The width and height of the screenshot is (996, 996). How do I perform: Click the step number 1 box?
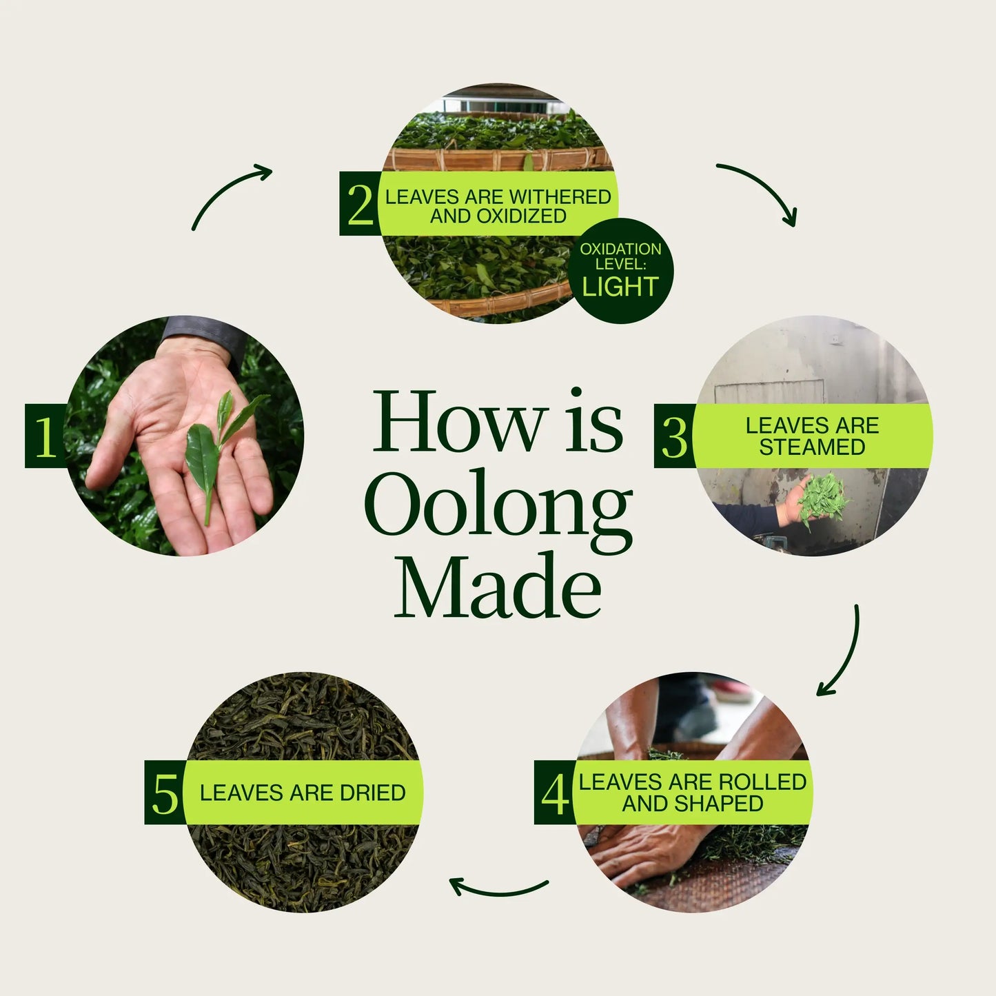(x=45, y=436)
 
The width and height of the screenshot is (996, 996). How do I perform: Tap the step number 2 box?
(x=360, y=203)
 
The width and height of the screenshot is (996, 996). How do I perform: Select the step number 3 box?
(x=674, y=436)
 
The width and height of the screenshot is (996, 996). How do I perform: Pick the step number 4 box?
(x=555, y=793)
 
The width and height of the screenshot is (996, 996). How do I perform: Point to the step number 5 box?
(x=165, y=793)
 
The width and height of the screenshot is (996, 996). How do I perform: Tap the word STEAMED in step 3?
(x=812, y=447)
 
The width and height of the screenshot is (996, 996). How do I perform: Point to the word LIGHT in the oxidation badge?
(x=620, y=287)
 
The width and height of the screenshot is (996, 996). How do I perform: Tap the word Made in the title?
(x=498, y=586)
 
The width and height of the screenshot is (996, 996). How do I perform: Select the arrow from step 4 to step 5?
(x=499, y=890)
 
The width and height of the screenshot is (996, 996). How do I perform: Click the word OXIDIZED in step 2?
(x=522, y=216)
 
